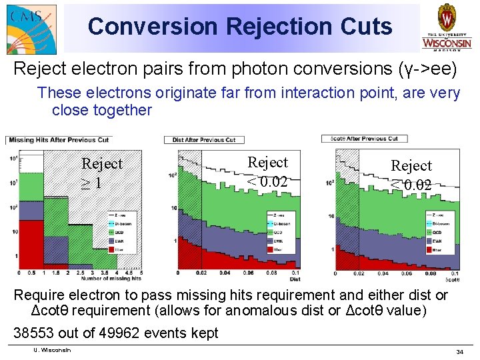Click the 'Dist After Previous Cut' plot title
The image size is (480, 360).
203,139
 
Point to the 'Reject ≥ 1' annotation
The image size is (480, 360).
101,172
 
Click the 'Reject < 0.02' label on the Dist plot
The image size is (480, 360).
267,171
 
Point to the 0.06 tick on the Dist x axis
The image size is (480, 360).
248,273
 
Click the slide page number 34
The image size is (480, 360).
459,351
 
